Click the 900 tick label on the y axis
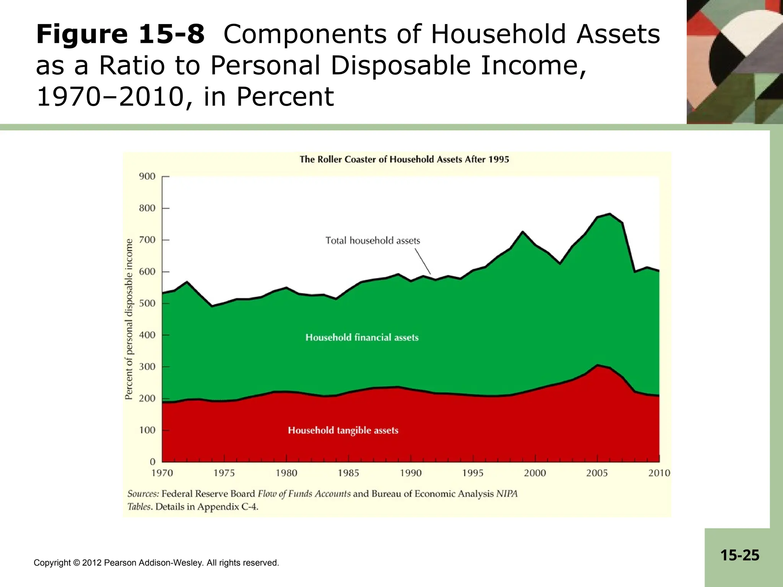[x=147, y=177]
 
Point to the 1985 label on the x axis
[x=348, y=473]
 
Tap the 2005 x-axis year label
[x=597, y=473]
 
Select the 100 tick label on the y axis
[x=147, y=430]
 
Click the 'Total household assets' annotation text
[x=373, y=241]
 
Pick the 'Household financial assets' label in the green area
[x=362, y=337]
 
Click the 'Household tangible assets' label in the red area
[x=343, y=430]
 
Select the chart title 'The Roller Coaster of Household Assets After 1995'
[x=404, y=159]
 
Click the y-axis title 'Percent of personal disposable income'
[x=129, y=319]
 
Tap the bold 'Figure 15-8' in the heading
[x=120, y=34]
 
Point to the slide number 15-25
[x=739, y=555]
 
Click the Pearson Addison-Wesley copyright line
[x=156, y=563]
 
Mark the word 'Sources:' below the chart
[x=143, y=494]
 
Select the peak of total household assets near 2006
[x=609, y=214]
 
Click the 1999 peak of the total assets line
[x=523, y=232]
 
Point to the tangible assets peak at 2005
[x=597, y=365]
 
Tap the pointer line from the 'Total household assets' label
[x=423, y=261]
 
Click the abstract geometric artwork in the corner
[x=734, y=62]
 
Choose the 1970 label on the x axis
[x=162, y=473]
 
